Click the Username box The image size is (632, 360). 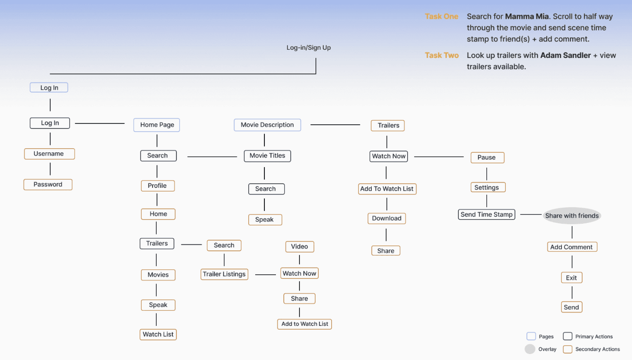[49, 154]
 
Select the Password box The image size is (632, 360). [48, 185]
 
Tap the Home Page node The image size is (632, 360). [157, 125]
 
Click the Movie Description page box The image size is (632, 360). [267, 125]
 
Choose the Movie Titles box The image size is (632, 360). [267, 156]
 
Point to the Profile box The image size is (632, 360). [157, 186]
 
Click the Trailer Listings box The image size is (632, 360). [224, 274]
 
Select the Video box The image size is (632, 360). [299, 247]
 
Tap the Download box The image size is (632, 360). [386, 218]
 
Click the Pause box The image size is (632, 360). [487, 157]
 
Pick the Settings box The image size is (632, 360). [487, 187]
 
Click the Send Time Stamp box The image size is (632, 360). [486, 215]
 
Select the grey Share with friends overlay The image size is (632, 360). [572, 215]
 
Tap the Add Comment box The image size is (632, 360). [572, 247]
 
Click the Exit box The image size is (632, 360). [571, 278]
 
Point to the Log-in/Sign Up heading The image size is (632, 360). [309, 48]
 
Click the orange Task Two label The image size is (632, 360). [442, 55]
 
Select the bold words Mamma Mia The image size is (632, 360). [527, 17]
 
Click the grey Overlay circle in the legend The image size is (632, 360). [530, 349]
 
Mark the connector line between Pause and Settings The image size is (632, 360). [487, 174]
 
